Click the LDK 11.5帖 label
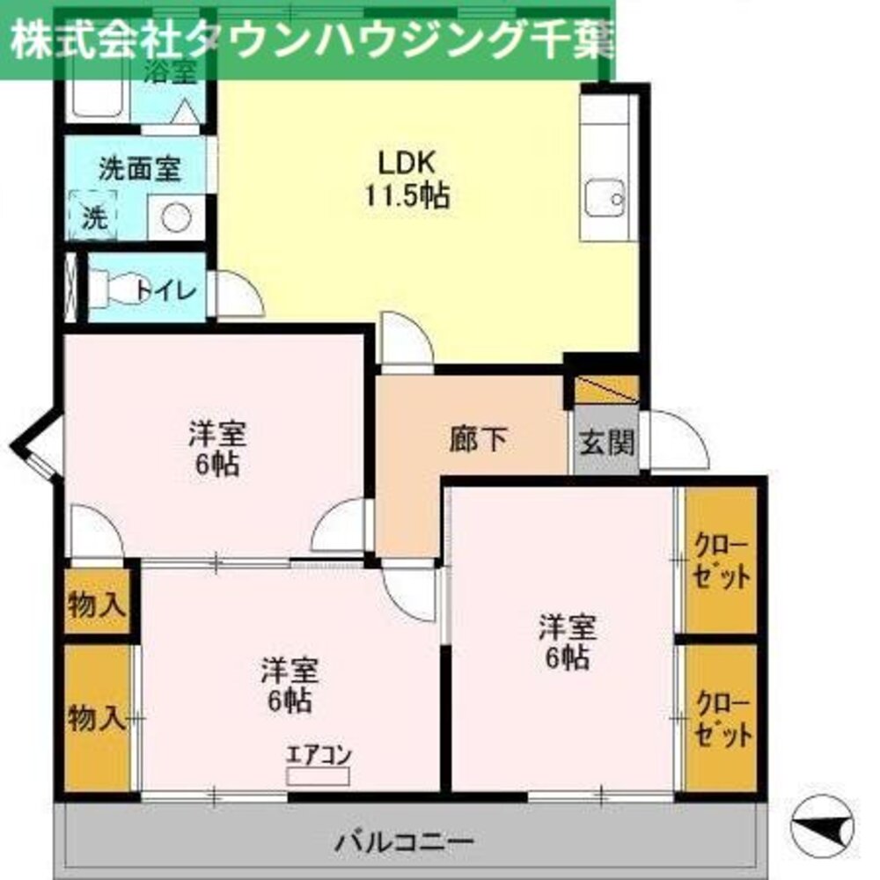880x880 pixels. pyautogui.click(x=407, y=179)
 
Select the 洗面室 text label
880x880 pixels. pyautogui.click(x=139, y=169)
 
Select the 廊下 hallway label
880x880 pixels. pyautogui.click(x=478, y=439)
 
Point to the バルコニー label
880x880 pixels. pyautogui.click(x=404, y=841)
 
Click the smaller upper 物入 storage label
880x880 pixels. pyautogui.click(x=98, y=605)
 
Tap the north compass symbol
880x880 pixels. pyautogui.click(x=823, y=825)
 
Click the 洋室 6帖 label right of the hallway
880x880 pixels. pyautogui.click(x=568, y=642)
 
